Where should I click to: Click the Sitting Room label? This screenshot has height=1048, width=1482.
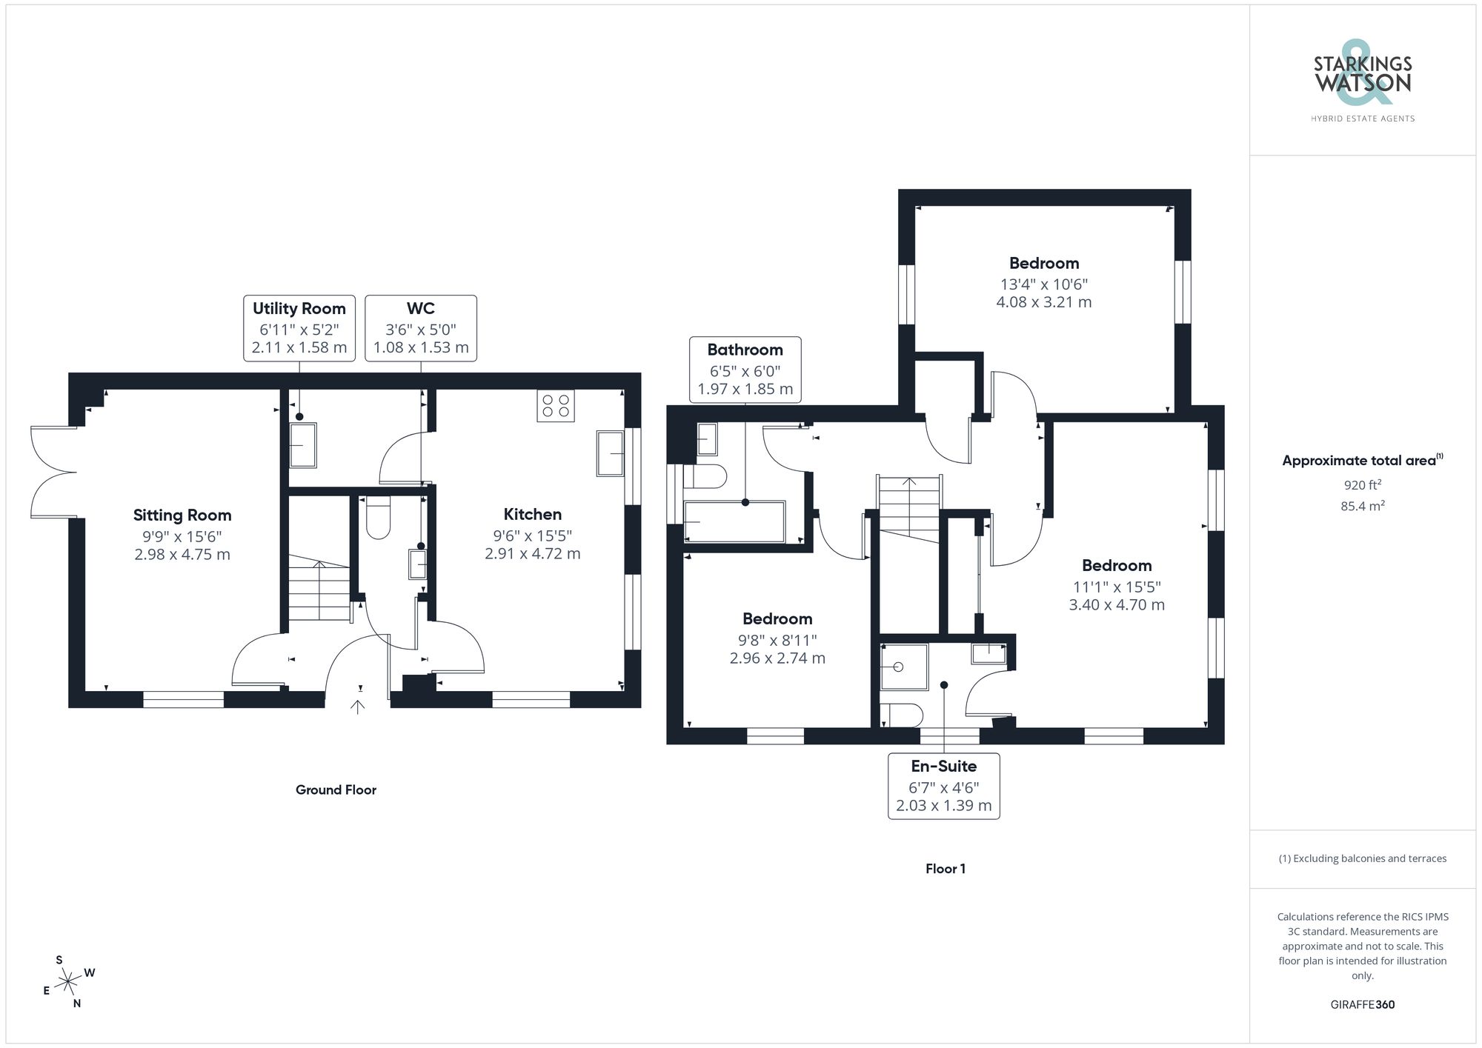click(182, 515)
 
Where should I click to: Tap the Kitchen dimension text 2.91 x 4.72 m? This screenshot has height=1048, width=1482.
click(532, 554)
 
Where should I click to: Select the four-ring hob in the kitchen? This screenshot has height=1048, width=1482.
click(555, 405)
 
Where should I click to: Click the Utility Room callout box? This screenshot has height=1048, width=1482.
click(299, 328)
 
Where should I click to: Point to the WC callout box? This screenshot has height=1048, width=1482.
click(420, 328)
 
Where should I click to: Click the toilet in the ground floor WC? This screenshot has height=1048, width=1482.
click(378, 518)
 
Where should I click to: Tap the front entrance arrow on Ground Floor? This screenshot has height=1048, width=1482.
click(358, 707)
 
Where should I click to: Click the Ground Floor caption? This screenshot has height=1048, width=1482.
click(336, 790)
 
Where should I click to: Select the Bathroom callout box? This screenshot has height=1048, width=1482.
click(745, 370)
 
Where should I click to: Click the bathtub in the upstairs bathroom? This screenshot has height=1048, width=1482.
click(734, 522)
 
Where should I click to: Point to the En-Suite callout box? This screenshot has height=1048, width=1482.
click(943, 786)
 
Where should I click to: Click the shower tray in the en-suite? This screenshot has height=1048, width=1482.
click(903, 667)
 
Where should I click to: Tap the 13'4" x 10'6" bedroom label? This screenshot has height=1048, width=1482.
click(1043, 264)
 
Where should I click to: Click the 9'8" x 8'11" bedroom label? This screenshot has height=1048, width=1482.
click(777, 619)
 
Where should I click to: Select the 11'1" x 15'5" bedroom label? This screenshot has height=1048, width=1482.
click(1116, 566)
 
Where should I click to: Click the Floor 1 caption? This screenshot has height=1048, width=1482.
click(945, 869)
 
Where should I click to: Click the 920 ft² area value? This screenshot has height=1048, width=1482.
click(1362, 486)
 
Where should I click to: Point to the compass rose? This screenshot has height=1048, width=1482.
click(69, 982)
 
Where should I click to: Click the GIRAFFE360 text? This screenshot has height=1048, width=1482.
click(1362, 1005)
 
